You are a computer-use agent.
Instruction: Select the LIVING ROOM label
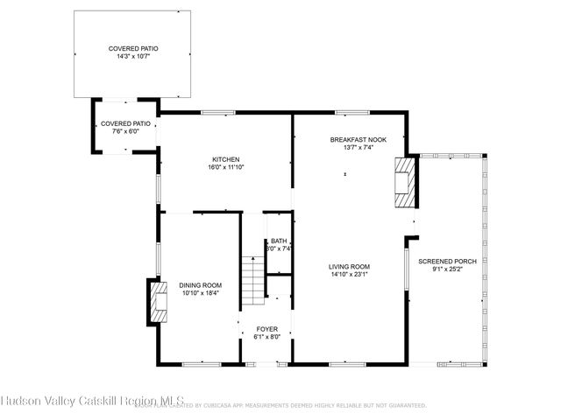[x=349, y=267]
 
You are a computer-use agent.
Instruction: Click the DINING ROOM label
[x=200, y=285]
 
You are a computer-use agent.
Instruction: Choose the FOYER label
[x=266, y=329]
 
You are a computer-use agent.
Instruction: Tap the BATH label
[x=279, y=241]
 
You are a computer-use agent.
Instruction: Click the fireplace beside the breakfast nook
[x=404, y=180]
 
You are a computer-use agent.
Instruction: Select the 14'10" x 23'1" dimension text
[x=349, y=275]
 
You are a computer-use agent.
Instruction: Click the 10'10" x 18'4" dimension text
[x=200, y=293]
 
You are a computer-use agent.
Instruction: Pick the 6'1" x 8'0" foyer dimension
[x=266, y=337]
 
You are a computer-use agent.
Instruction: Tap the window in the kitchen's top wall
[x=218, y=112]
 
